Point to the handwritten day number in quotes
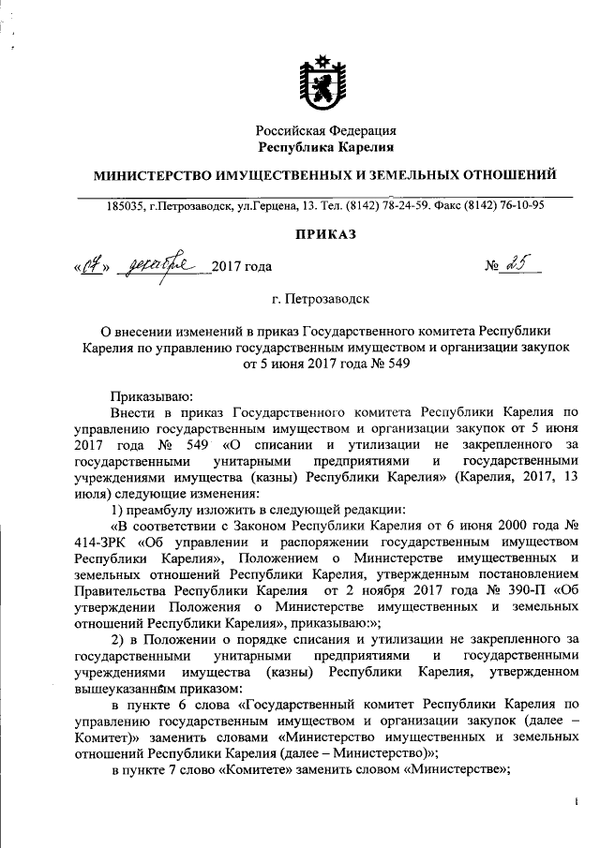[91, 267]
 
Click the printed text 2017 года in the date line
[242, 268]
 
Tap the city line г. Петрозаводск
[321, 300]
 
